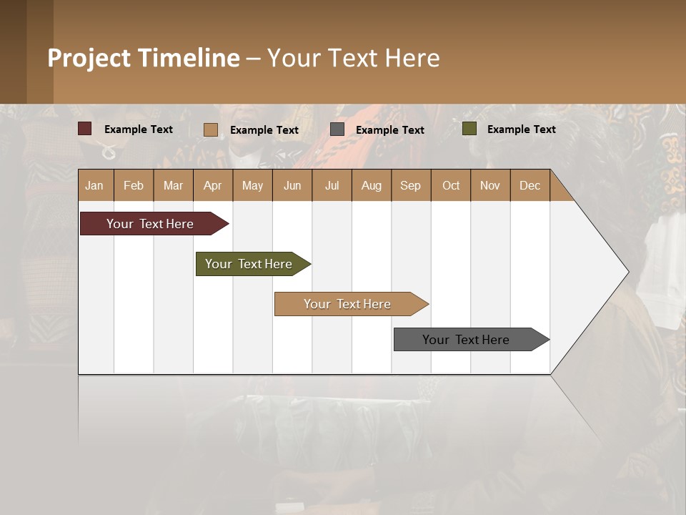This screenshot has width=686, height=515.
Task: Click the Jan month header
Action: click(x=95, y=185)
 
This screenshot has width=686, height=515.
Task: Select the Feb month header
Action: click(x=134, y=185)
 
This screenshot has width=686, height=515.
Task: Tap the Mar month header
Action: click(x=173, y=185)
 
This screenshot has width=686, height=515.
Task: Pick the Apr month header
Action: click(x=213, y=185)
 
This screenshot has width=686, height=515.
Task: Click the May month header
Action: click(x=252, y=185)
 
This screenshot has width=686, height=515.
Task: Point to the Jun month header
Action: click(x=292, y=185)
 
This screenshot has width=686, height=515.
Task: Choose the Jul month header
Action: click(x=332, y=185)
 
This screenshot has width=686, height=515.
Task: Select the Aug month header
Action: click(x=372, y=185)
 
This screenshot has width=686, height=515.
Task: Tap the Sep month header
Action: click(x=411, y=185)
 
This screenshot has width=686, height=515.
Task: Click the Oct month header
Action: click(x=451, y=185)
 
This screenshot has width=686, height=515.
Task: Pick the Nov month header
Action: click(x=490, y=185)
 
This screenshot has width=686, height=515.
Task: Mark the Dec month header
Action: click(x=530, y=185)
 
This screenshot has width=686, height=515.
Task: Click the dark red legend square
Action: click(x=85, y=129)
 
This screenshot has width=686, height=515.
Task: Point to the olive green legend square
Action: click(x=469, y=129)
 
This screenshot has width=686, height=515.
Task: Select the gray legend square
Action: click(x=337, y=129)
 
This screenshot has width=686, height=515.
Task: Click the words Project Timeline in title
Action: click(x=144, y=58)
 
